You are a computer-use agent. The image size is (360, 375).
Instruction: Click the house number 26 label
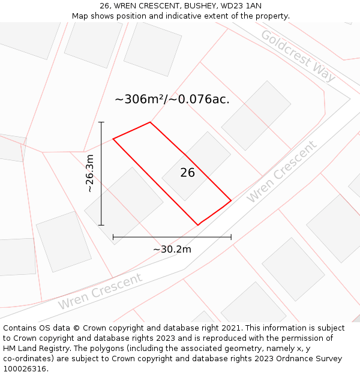(x=188, y=173)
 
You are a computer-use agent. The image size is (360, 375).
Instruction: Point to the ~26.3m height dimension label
(x=90, y=173)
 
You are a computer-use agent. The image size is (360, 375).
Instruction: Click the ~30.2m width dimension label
(x=172, y=249)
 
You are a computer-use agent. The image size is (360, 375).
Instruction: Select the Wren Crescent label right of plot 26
(x=281, y=172)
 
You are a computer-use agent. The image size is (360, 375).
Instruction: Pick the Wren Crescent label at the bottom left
(x=100, y=292)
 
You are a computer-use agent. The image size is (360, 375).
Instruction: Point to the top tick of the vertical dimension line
(x=101, y=122)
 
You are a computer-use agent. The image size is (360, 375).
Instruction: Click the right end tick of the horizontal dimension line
(x=231, y=237)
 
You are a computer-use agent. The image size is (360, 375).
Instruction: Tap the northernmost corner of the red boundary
(x=150, y=122)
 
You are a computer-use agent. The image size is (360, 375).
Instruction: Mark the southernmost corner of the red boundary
(x=198, y=225)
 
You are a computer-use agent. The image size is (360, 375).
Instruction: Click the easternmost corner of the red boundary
(x=231, y=200)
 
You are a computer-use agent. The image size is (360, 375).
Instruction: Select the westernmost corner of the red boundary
(x=113, y=139)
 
